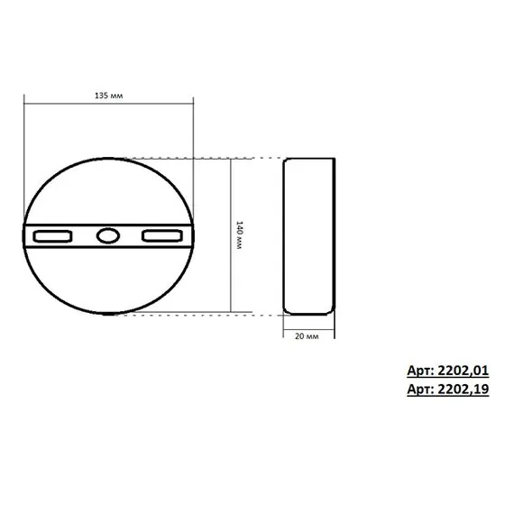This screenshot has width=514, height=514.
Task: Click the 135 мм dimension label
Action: click(109, 94)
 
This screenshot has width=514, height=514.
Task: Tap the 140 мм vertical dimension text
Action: click(238, 236)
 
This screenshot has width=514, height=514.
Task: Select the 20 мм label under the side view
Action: click(307, 335)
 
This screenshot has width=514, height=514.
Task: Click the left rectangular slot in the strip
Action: click(54, 236)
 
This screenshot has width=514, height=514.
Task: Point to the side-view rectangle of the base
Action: click(309, 236)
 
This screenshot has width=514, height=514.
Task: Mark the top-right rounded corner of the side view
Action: click(331, 161)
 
